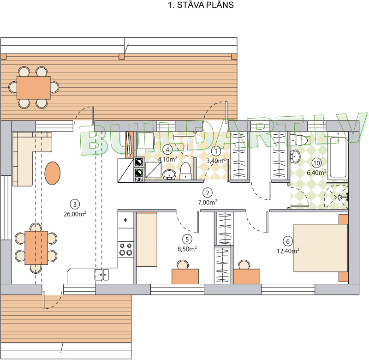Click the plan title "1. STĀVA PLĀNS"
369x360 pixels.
point(201,5)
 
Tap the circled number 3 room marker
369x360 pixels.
point(75,204)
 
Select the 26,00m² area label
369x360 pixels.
point(75,214)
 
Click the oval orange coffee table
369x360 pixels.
point(53,173)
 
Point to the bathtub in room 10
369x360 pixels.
point(338,157)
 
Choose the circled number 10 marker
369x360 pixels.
point(316,163)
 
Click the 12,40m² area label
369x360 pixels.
point(288,251)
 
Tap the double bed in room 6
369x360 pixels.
point(321,248)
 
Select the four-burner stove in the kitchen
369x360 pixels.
point(126,250)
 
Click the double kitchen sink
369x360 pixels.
point(101,275)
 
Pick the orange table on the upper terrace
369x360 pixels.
point(33,87)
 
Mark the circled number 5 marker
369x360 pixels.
point(187,240)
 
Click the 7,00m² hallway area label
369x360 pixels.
point(208,202)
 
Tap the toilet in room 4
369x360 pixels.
point(186,171)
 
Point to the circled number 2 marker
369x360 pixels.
point(208,193)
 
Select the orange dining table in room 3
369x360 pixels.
point(36,248)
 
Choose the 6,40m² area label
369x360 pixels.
point(316,173)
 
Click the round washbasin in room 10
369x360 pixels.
point(295,156)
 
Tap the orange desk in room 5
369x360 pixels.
point(185,276)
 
